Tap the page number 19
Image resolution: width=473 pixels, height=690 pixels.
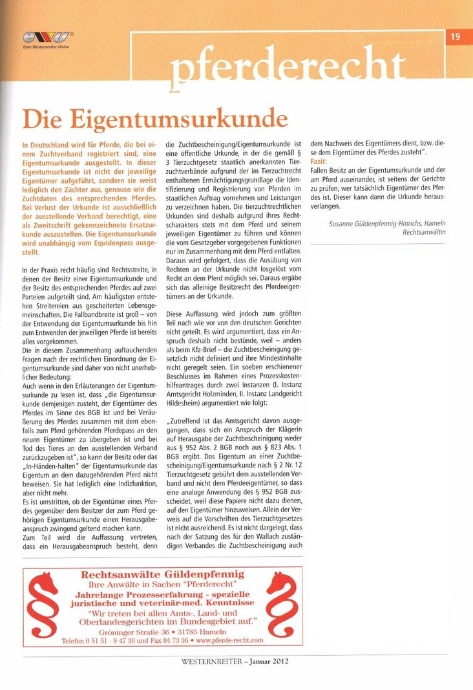click(x=455, y=37)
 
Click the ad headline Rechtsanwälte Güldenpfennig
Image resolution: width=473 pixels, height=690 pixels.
click(x=162, y=574)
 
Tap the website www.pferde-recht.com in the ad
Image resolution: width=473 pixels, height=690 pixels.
click(x=220, y=640)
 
